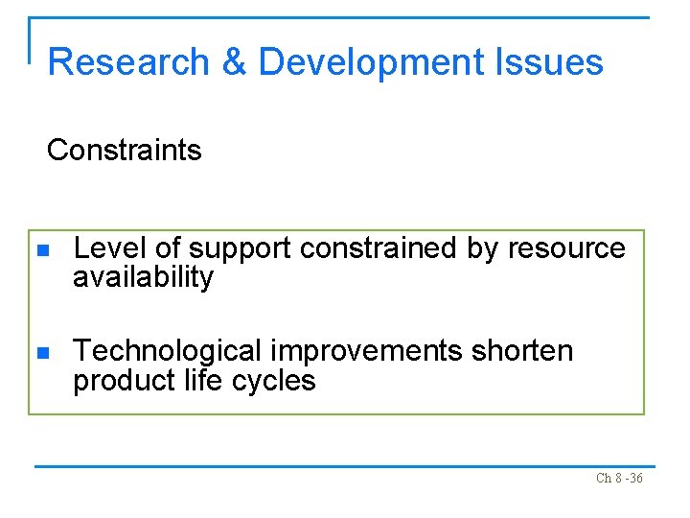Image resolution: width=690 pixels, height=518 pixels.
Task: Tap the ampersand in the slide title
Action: pyautogui.click(x=235, y=62)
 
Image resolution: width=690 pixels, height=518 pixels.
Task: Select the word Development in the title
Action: pyautogui.click(x=371, y=62)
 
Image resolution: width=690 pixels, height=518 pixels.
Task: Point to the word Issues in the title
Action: pyautogui.click(x=549, y=62)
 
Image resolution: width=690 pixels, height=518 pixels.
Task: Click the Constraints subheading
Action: pyautogui.click(x=125, y=151)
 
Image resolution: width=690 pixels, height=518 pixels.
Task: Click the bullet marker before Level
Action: pyautogui.click(x=41, y=250)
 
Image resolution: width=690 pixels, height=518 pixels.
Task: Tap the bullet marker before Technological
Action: pyautogui.click(x=41, y=353)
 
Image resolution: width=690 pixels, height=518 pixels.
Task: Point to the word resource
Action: pyautogui.click(x=566, y=249)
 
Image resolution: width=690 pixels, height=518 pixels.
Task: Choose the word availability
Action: pyautogui.click(x=143, y=278)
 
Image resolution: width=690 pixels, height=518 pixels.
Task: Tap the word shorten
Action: pyautogui.click(x=522, y=351)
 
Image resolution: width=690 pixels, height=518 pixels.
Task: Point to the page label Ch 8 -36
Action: pyautogui.click(x=619, y=479)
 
